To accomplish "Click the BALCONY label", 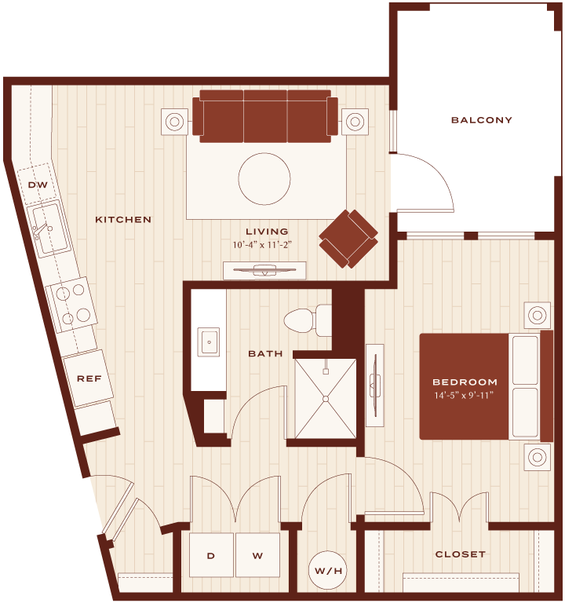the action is [x=481, y=120].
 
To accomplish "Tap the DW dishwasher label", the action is [x=38, y=185].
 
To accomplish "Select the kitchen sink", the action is [x=51, y=228].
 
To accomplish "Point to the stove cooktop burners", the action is [x=73, y=305].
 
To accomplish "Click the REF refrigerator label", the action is [x=89, y=378].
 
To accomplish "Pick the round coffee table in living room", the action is [x=264, y=179].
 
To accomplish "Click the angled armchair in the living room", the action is [x=348, y=239].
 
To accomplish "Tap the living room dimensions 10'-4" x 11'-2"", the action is [x=262, y=245].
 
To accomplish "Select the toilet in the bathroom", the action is [x=308, y=320].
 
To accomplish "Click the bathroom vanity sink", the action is [x=209, y=342].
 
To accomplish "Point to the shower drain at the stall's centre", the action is [x=326, y=399].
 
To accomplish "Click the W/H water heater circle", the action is [x=327, y=570].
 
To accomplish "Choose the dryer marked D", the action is [x=211, y=555].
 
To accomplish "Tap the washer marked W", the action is [x=257, y=555].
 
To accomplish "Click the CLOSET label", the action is [x=460, y=554].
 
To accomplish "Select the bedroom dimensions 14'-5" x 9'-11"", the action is [x=464, y=396].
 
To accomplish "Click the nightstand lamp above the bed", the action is [x=538, y=316].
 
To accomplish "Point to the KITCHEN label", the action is [x=123, y=220].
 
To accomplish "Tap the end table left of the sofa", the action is [x=174, y=122].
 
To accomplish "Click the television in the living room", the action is [x=264, y=270].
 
